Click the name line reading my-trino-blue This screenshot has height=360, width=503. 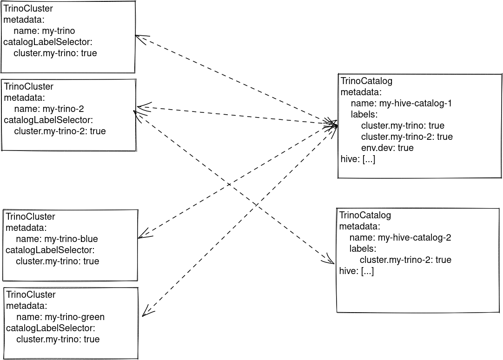57,239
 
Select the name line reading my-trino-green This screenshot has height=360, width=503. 60,317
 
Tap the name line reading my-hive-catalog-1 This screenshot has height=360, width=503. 401,104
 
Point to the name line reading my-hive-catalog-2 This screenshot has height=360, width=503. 400,238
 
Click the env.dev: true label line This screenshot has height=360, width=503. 387,148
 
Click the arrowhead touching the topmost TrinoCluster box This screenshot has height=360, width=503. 139,37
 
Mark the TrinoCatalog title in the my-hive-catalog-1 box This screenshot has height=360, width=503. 366,81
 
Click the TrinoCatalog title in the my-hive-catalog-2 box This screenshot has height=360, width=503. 365,216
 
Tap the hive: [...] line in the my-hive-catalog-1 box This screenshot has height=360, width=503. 357,159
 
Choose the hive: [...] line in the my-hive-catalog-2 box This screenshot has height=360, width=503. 356,271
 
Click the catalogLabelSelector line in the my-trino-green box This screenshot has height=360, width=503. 50,328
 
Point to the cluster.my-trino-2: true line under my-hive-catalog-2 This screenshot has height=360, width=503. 405,260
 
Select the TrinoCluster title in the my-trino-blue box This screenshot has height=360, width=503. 30,217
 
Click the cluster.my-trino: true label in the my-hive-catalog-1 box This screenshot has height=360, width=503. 403,126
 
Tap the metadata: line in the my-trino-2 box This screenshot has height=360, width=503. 24,98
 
